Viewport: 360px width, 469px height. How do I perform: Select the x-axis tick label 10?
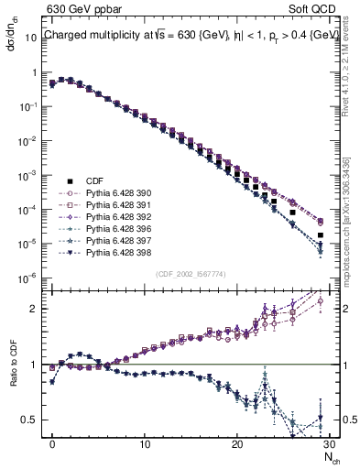pos(145,442)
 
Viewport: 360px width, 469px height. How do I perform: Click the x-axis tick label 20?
pos(237,442)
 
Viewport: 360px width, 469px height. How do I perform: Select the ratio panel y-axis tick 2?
pos(37,309)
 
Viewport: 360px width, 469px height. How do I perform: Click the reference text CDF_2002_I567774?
pos(191,273)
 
